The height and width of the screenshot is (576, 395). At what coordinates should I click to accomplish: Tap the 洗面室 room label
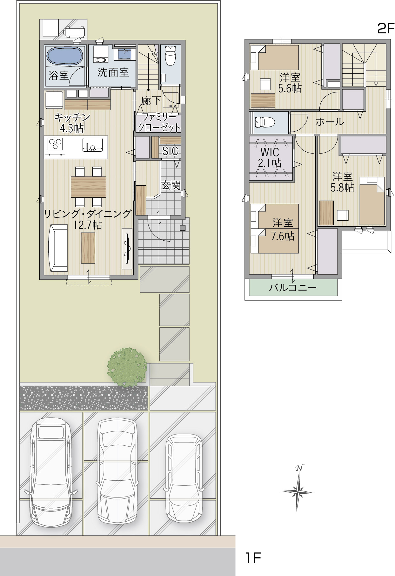(113, 72)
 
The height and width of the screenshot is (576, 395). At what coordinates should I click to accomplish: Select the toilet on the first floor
(171, 55)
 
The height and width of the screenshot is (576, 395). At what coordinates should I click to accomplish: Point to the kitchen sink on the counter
(92, 145)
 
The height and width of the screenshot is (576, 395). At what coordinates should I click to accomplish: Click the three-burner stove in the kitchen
(55, 144)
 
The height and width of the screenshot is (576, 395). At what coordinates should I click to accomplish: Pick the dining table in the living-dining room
(88, 187)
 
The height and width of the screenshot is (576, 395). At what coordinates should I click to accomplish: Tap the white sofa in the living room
(58, 248)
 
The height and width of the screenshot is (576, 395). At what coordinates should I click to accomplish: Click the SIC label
(170, 151)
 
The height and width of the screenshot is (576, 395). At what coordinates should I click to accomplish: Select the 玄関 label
(171, 185)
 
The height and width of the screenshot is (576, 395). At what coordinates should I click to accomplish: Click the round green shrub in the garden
(127, 367)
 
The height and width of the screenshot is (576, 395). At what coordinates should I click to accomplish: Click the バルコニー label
(293, 288)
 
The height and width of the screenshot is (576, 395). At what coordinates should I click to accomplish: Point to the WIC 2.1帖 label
(270, 157)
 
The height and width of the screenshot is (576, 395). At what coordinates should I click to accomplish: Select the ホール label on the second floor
(330, 122)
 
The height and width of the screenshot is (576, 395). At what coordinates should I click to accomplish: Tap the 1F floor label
(253, 558)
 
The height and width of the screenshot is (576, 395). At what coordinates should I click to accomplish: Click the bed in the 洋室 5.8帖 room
(372, 201)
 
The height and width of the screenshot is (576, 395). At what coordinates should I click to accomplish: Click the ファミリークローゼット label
(159, 122)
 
